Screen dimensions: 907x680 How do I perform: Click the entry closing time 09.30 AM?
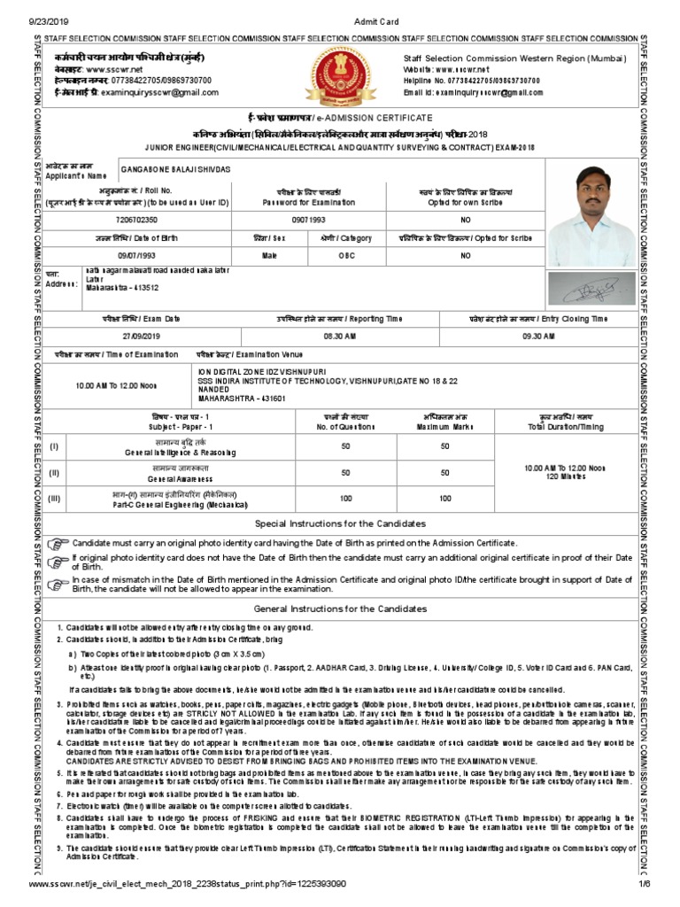pos(537,337)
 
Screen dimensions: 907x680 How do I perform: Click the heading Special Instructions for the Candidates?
pos(340,523)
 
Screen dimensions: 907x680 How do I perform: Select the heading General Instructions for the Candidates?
pos(340,609)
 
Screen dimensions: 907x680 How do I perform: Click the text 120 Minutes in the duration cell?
pos(563,477)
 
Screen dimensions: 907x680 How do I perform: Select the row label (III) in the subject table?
pos(55,499)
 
